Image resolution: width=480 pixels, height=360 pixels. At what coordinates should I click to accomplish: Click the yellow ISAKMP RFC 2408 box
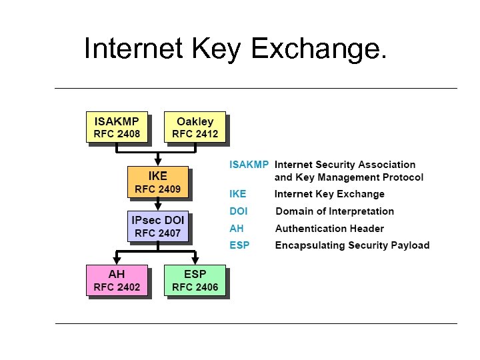tap(117, 127)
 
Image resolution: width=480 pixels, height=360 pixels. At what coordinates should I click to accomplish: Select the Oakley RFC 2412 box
tap(195, 127)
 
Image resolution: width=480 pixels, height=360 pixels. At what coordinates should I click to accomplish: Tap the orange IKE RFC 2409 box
tap(157, 182)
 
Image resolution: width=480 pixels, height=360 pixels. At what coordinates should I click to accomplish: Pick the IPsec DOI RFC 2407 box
tap(157, 226)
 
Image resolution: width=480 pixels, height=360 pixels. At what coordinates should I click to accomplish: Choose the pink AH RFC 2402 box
tap(117, 281)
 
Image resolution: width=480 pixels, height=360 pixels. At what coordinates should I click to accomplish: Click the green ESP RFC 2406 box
tap(195, 281)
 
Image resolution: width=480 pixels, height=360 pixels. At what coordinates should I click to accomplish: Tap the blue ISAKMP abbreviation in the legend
tap(249, 164)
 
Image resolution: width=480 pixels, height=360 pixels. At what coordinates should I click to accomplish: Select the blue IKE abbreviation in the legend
tap(238, 194)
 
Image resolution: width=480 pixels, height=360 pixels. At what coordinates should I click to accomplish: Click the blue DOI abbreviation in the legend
tap(239, 211)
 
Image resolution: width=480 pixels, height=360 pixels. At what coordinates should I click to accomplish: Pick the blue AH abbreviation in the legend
tap(237, 228)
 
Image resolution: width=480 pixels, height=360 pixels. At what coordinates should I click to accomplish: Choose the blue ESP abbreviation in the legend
tap(239, 245)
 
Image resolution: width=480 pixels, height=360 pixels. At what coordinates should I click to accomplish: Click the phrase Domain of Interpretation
tap(335, 211)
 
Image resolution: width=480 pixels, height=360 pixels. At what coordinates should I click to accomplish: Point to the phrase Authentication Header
tap(329, 228)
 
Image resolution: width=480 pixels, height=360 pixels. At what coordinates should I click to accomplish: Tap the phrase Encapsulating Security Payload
tap(352, 245)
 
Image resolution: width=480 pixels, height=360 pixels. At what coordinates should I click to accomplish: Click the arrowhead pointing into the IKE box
tap(157, 163)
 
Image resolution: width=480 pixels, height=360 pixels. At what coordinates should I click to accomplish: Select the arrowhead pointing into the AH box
tap(117, 261)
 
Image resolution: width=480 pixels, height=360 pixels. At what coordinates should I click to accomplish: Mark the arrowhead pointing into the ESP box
tap(195, 261)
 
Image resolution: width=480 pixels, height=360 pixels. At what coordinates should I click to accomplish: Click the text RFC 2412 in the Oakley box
tap(195, 133)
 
